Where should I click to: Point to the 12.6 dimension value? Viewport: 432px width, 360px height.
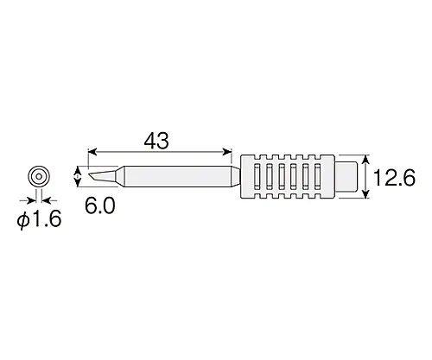397,179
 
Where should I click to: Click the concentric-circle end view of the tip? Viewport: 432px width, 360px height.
39,176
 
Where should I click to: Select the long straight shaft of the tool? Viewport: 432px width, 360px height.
173,177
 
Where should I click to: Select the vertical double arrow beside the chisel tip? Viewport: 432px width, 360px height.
79,177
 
